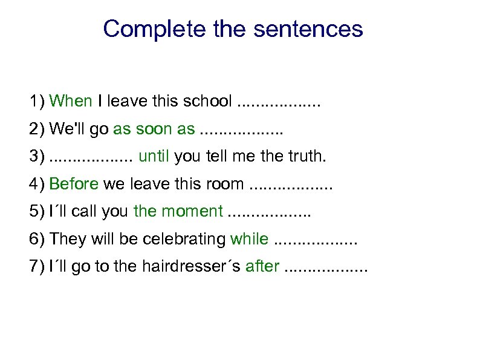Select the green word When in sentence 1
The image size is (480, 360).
tap(71, 101)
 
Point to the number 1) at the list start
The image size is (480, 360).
tap(37, 101)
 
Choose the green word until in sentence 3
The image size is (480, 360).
tap(154, 157)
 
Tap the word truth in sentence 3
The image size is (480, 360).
tap(305, 157)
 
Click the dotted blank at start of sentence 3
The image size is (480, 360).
tap(91, 157)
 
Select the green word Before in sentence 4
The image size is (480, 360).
tap(74, 184)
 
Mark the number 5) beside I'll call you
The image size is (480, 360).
tap(37, 211)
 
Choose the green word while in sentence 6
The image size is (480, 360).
tap(249, 239)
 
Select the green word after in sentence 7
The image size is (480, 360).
tap(262, 267)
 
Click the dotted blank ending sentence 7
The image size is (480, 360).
tap(325, 267)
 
